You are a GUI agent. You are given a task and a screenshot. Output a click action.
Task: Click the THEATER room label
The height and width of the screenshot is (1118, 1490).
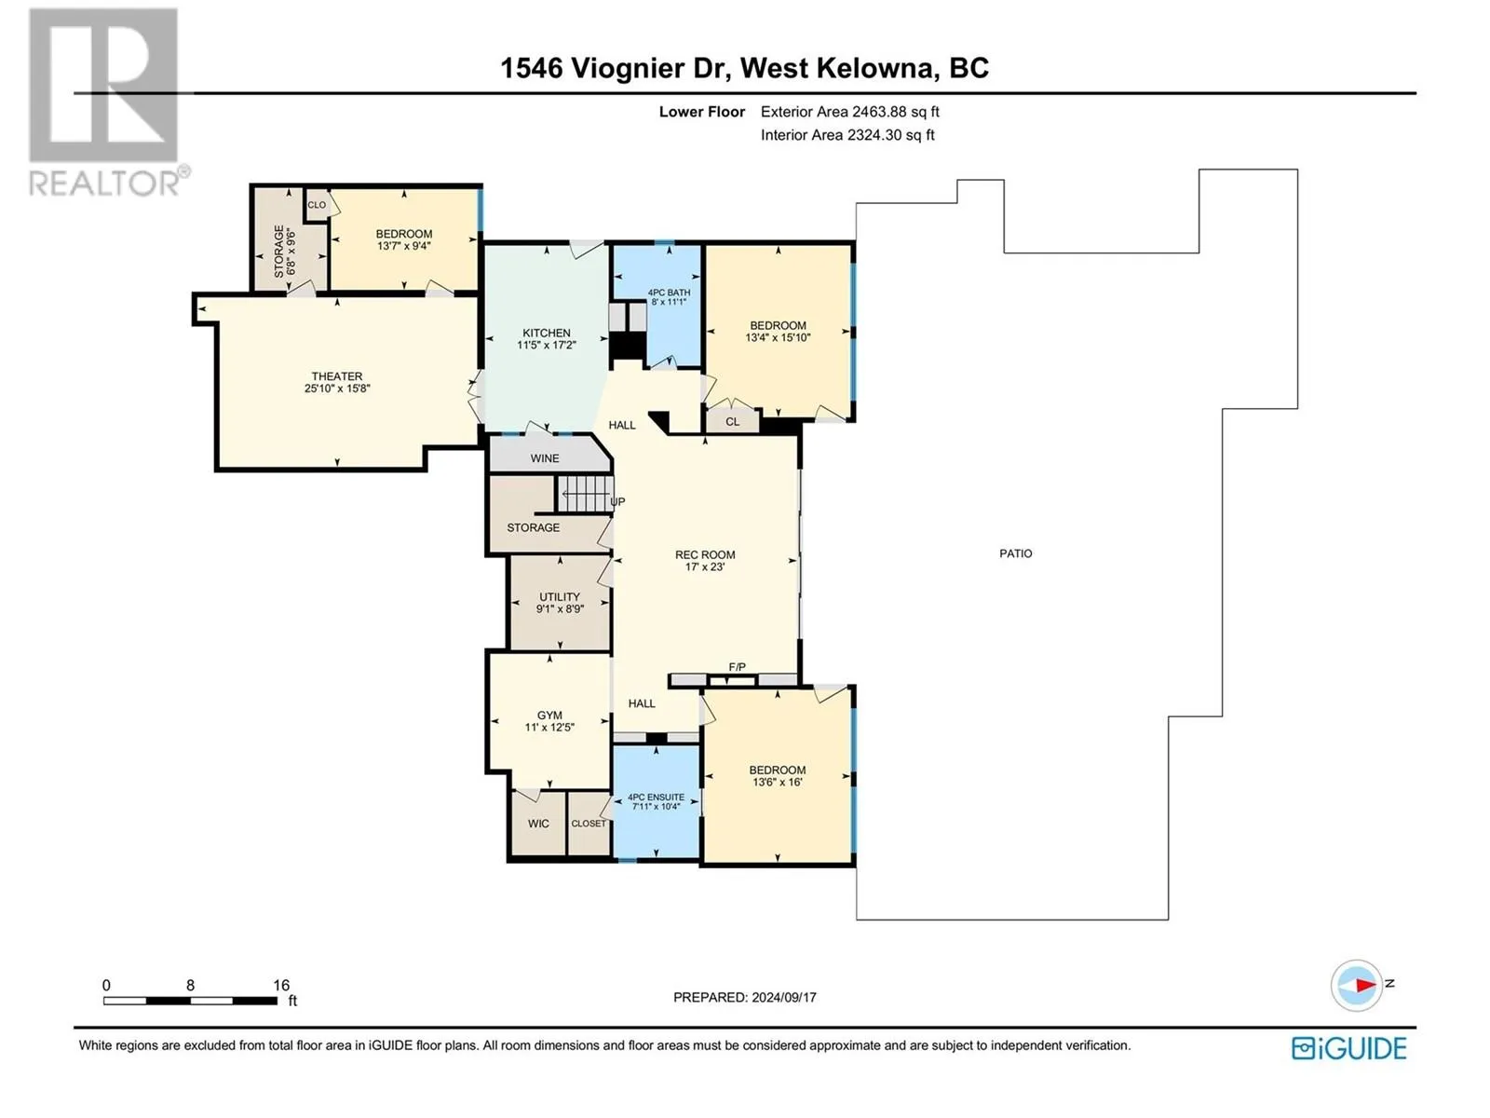337,376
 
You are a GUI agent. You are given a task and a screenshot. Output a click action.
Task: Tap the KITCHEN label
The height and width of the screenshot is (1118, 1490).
547,333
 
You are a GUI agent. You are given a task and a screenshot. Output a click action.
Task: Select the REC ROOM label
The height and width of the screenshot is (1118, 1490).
705,554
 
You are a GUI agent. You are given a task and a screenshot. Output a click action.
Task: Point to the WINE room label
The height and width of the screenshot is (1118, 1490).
545,458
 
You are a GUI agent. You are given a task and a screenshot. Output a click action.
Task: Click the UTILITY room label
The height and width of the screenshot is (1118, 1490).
560,596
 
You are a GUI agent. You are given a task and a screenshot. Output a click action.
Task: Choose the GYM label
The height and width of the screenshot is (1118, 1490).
549,715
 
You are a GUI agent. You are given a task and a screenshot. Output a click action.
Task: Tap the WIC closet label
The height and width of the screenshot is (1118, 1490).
538,824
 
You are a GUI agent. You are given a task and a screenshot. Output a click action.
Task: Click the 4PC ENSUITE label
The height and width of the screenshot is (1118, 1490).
656,797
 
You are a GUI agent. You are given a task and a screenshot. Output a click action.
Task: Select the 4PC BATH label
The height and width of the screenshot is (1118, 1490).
669,293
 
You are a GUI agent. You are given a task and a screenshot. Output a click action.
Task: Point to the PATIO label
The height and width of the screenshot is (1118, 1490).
1015,553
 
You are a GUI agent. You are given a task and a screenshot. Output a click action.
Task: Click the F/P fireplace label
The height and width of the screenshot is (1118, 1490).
738,667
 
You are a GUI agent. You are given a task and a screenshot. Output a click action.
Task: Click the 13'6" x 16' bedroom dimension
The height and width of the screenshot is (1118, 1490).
778,782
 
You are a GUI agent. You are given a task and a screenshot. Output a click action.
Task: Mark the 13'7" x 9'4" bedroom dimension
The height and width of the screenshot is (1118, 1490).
404,246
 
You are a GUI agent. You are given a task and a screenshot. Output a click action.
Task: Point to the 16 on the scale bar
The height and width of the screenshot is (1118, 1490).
281,984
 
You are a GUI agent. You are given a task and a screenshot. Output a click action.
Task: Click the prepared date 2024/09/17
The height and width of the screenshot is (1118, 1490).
784,997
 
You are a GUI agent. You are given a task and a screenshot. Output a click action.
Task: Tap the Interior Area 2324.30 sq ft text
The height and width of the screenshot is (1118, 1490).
847,135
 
